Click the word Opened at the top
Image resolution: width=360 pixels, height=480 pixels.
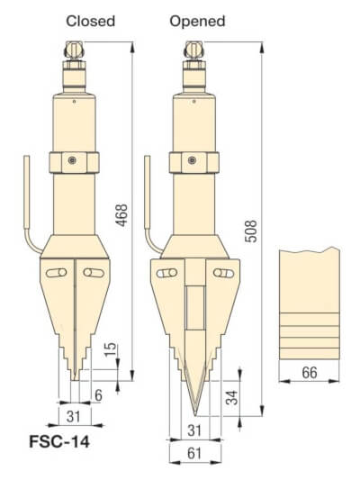[197, 20]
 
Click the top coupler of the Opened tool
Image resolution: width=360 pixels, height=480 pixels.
[192, 52]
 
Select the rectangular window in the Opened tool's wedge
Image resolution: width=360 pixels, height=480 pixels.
[193, 307]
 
